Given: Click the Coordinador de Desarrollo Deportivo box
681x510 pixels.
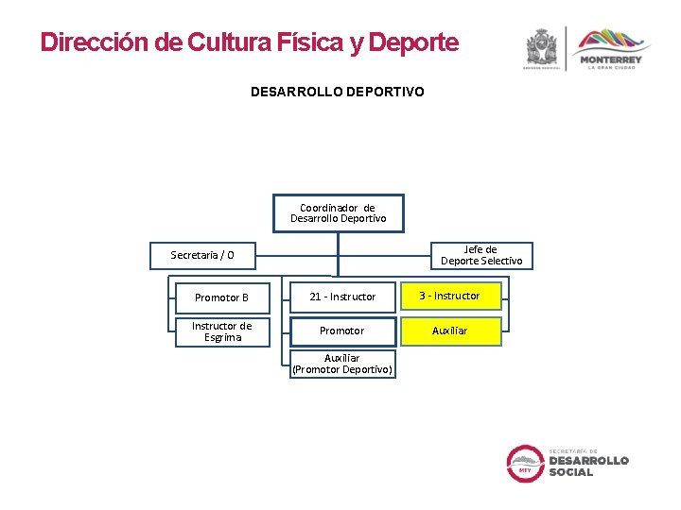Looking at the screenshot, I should point(338,213).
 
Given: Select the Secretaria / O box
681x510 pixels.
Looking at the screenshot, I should point(201,255).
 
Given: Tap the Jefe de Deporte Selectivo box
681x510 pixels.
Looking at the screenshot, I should point(481,255).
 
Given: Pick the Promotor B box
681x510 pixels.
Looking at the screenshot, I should point(221,297).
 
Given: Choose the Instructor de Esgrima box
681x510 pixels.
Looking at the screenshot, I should point(221,332).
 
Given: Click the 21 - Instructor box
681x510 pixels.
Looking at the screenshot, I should point(342,297).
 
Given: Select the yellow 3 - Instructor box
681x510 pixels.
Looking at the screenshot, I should point(449,296).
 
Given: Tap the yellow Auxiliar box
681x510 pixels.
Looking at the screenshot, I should point(449,331).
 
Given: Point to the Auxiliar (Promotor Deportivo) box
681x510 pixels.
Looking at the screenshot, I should point(342,364).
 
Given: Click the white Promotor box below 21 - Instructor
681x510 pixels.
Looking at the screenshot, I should point(341,331).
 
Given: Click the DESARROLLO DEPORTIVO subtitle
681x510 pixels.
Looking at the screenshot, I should point(337,92).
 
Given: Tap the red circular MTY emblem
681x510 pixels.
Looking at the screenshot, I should point(525,463).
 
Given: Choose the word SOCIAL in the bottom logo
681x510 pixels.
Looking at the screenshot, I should point(571,472).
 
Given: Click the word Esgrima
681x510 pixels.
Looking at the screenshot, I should point(222,338).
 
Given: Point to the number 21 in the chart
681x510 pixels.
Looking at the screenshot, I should point(316,297).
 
